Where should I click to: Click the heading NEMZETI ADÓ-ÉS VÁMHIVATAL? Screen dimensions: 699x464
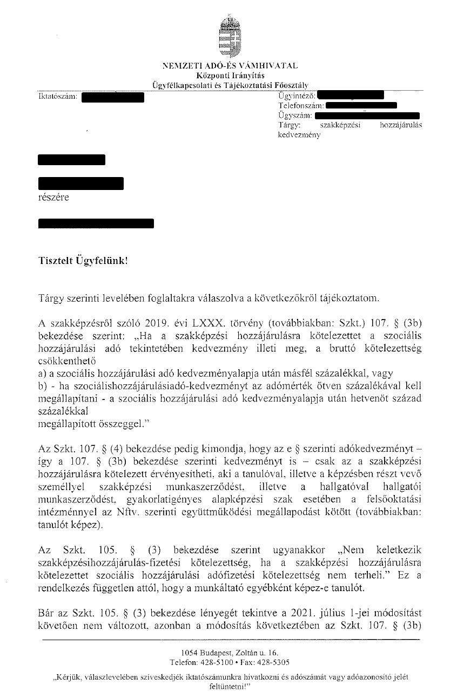point(230,66)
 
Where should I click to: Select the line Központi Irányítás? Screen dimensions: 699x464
point(230,74)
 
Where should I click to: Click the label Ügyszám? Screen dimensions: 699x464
point(294,116)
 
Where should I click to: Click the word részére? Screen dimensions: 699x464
point(53,197)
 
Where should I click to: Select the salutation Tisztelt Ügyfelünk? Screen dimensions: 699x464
point(84,260)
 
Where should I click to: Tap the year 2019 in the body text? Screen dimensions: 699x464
point(152,323)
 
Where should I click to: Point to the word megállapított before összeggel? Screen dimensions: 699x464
point(68,424)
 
